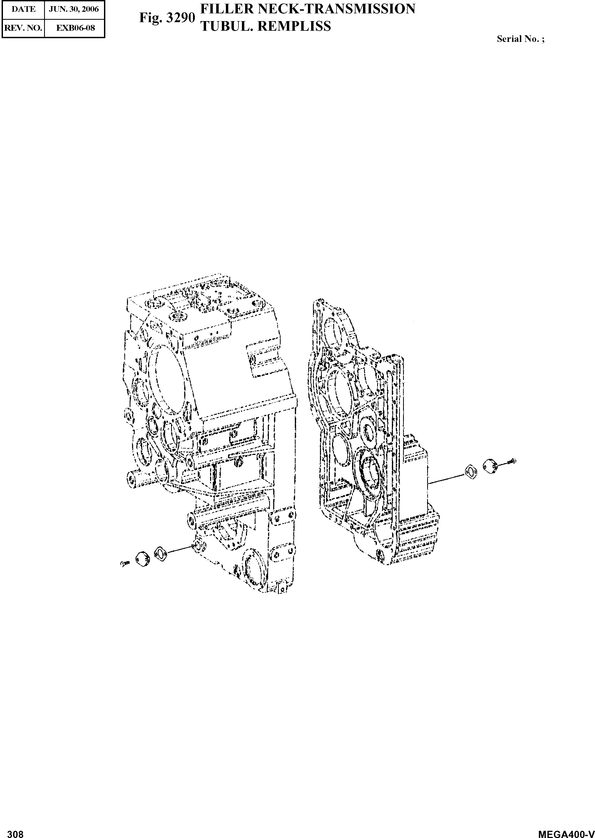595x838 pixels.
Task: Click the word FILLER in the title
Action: [225, 9]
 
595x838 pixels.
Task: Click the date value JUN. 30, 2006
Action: [74, 9]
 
